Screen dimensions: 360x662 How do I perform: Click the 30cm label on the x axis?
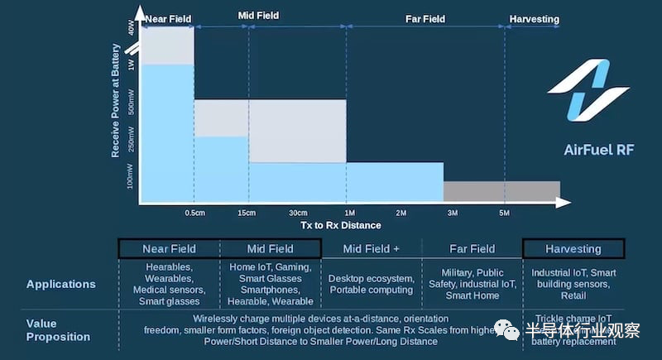[x=298, y=213]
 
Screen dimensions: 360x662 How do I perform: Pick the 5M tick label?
[x=505, y=213]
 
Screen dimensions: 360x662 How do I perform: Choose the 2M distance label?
[x=401, y=213]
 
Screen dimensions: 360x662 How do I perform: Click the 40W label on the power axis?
[x=131, y=28]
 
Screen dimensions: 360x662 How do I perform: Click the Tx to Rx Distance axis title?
[x=341, y=225]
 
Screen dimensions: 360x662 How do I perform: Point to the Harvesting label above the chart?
[x=535, y=19]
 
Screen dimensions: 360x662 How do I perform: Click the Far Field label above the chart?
[x=426, y=19]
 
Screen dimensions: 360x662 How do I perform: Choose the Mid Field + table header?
[x=372, y=248]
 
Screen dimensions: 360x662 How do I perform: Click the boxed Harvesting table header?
[x=573, y=248]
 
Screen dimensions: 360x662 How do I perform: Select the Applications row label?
[x=60, y=284]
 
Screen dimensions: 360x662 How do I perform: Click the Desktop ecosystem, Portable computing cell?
[x=372, y=284]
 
